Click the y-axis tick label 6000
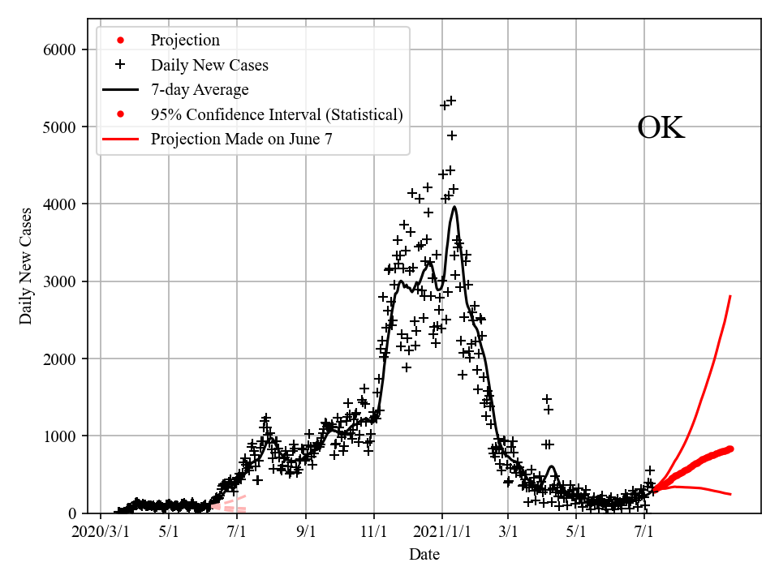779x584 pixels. (59, 50)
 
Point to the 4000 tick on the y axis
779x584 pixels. (59, 204)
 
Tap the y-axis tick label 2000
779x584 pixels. (59, 359)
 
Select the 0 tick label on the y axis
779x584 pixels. (71, 513)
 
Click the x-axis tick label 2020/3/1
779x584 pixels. (100, 533)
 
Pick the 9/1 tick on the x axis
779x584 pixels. (306, 533)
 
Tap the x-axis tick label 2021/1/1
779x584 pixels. (442, 533)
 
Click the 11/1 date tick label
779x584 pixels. (374, 533)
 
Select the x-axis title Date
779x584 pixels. (424, 555)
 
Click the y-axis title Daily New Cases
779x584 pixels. (27, 266)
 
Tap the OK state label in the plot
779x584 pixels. (661, 128)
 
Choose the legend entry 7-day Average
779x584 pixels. (200, 89)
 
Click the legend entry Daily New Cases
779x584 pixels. (209, 65)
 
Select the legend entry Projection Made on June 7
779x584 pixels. (241, 139)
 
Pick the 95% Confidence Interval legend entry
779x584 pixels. (276, 114)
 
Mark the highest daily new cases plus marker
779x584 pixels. (451, 101)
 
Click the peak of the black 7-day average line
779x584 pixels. (454, 207)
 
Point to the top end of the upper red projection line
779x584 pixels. (731, 296)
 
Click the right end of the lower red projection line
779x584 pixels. (731, 494)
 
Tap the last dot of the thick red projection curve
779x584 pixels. (730, 449)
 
